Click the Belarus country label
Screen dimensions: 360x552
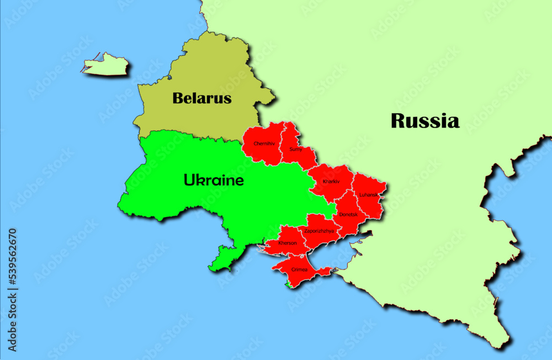click(x=201, y=99)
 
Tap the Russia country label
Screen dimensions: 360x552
click(x=425, y=121)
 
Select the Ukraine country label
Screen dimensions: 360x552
click(x=214, y=180)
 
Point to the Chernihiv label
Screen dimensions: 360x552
click(x=264, y=144)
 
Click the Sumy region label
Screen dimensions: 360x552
click(x=296, y=149)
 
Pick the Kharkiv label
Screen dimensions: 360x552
click(x=331, y=181)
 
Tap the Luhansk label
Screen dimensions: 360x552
click(x=368, y=194)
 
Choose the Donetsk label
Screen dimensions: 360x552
click(x=348, y=214)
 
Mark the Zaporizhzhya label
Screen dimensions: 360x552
click(x=319, y=231)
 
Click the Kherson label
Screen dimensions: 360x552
click(x=288, y=243)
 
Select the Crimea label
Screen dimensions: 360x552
click(x=299, y=269)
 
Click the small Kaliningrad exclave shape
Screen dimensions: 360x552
click(x=107, y=65)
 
